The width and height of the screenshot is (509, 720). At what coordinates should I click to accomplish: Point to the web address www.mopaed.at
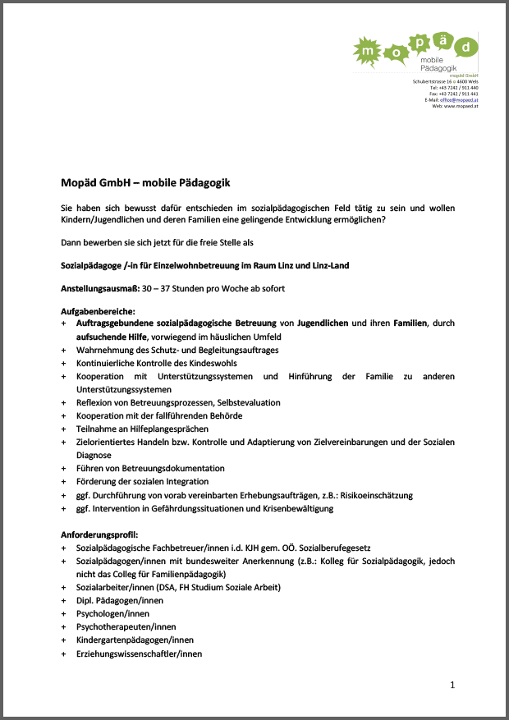[461, 106]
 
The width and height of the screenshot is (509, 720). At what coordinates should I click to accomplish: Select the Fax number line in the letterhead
[454, 94]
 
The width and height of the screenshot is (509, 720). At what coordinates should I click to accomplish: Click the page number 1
[452, 684]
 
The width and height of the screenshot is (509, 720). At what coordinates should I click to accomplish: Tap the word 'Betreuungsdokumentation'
[173, 468]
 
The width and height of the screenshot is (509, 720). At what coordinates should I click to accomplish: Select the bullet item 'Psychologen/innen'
[112, 613]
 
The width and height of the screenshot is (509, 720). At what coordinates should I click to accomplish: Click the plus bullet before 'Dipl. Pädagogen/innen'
[64, 601]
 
